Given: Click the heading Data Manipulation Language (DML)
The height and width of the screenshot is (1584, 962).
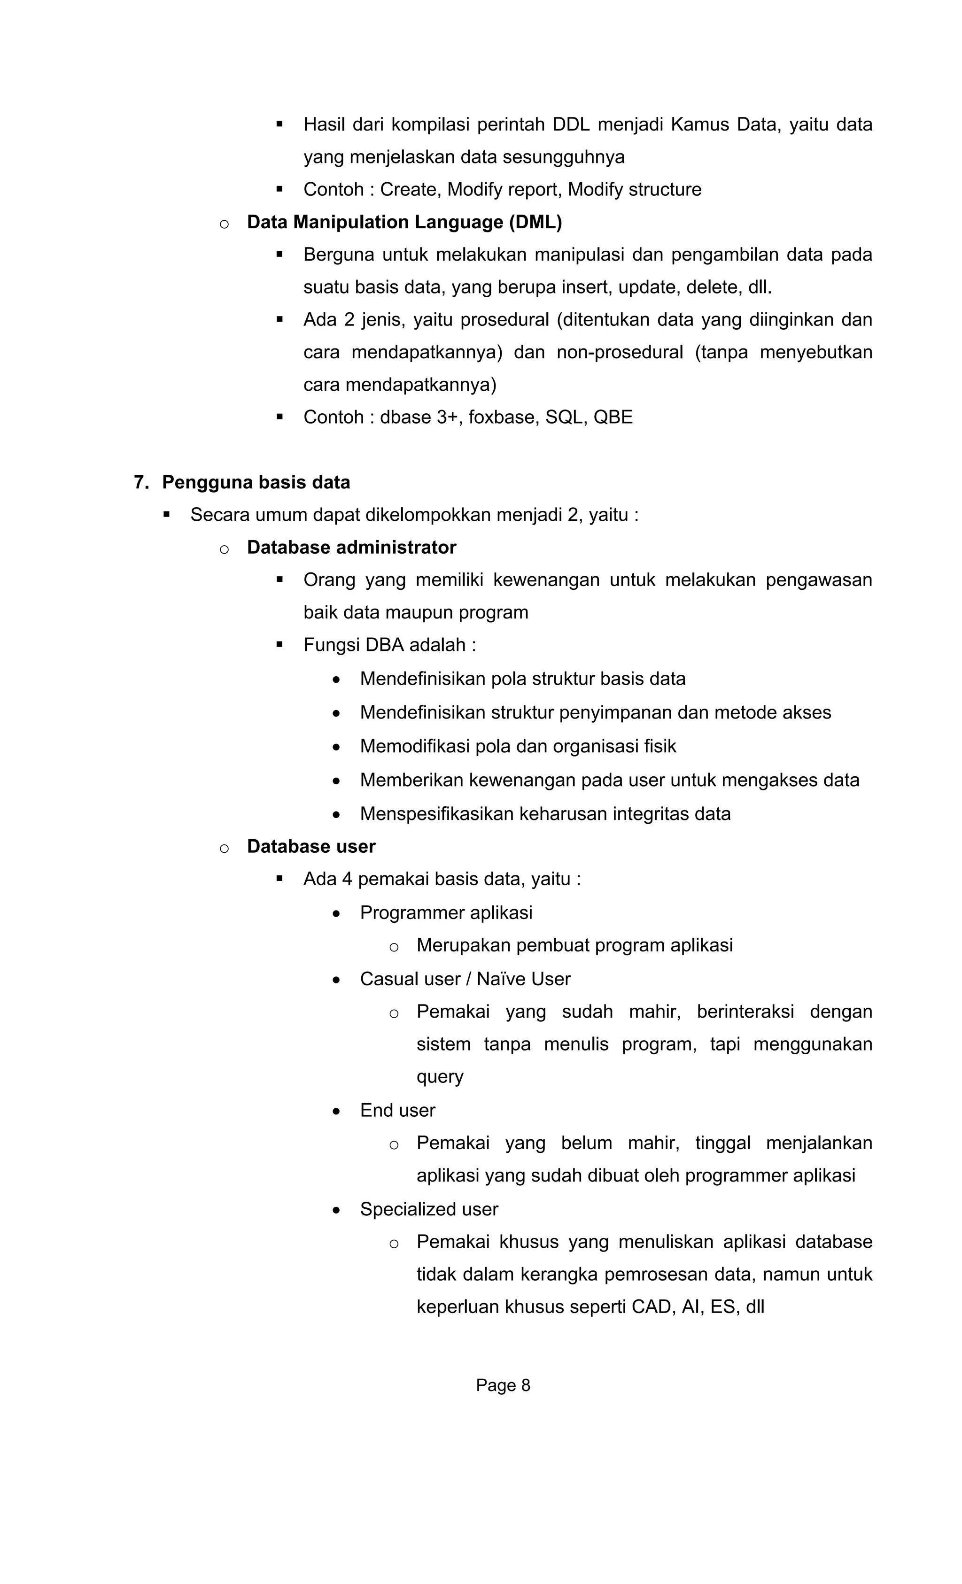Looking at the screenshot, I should [404, 223].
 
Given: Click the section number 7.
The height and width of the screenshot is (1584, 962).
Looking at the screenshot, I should [141, 482].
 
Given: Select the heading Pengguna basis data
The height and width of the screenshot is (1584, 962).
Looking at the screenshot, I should [256, 482].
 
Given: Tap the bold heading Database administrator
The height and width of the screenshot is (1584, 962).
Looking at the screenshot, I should [351, 547].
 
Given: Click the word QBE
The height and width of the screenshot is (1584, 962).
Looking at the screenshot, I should [613, 417].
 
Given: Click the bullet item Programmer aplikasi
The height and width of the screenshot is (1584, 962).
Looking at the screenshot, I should [446, 912].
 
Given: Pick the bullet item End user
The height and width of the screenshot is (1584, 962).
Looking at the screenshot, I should [397, 1110].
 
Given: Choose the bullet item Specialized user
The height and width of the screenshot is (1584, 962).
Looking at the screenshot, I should [429, 1209].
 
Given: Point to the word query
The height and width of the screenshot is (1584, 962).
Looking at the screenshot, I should [439, 1077].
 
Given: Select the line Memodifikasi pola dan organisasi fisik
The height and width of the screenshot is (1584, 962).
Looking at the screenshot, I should [518, 746].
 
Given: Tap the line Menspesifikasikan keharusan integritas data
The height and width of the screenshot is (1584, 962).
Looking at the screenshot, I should [545, 814].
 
